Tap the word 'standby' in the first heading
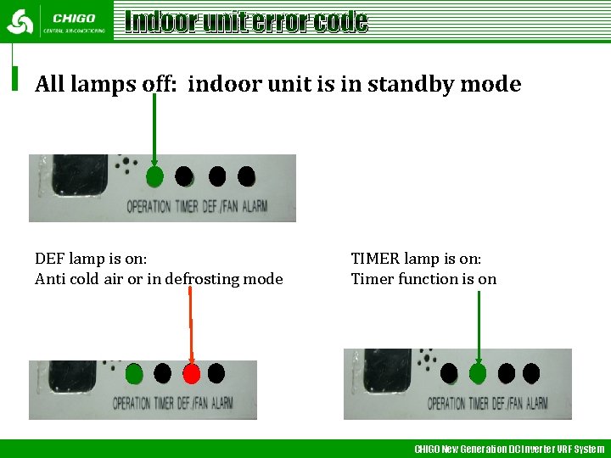click(400, 85)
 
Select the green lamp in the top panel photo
click(154, 176)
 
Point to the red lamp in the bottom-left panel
click(191, 373)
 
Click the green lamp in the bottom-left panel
click(134, 372)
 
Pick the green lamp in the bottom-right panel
click(478, 372)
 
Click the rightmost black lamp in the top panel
click(246, 176)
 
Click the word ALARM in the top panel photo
click(255, 206)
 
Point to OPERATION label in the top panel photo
click(149, 206)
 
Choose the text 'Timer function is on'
click(423, 279)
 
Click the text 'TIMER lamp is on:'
click(416, 259)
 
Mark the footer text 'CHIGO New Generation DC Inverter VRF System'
click(509, 449)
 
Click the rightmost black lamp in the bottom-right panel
click(531, 372)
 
